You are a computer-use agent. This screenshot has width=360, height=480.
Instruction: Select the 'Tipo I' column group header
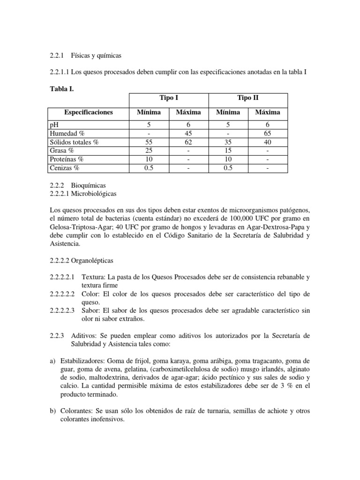tap(168, 98)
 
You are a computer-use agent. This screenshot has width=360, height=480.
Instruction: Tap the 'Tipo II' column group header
tap(248, 98)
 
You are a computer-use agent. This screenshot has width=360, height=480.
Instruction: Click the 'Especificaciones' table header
tap(89, 112)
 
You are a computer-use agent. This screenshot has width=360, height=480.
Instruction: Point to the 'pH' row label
tap(54, 125)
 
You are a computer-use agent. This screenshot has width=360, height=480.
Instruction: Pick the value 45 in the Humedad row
tap(188, 134)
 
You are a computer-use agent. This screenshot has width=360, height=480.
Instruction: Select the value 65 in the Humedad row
tap(268, 134)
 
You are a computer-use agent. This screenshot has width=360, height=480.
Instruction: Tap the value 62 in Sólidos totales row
tap(188, 142)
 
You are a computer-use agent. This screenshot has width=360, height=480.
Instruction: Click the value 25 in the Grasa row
tap(149, 150)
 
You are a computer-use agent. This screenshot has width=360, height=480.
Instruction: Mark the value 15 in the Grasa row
tap(228, 150)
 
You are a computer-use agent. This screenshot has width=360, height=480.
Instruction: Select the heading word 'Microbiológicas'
tap(95, 194)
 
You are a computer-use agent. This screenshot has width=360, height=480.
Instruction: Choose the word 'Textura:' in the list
tap(93, 277)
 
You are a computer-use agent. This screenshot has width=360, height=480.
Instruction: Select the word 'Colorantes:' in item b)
tap(76, 411)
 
